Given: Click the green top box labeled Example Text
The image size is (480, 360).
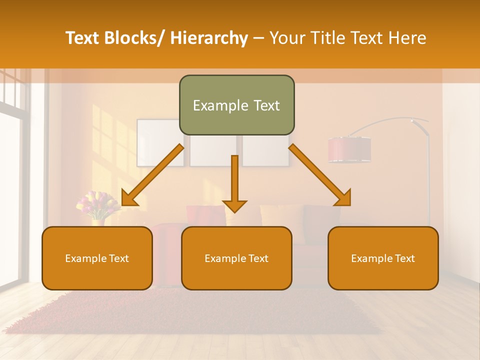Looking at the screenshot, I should [236, 105].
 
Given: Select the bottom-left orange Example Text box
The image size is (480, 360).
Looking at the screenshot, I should [97, 258].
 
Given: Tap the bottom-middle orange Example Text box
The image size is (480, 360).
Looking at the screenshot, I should [236, 258].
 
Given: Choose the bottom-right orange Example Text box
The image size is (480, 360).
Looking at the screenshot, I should [383, 258].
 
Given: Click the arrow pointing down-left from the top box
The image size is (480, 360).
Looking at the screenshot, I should [152, 175].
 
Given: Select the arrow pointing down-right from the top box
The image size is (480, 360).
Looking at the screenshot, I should [320, 175].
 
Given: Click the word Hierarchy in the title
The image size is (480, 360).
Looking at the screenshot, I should [209, 38].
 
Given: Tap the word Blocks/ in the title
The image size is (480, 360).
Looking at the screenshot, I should [135, 38].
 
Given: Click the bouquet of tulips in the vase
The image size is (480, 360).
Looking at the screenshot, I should [97, 204].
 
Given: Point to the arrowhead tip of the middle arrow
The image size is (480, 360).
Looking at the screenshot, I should [234, 212].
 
